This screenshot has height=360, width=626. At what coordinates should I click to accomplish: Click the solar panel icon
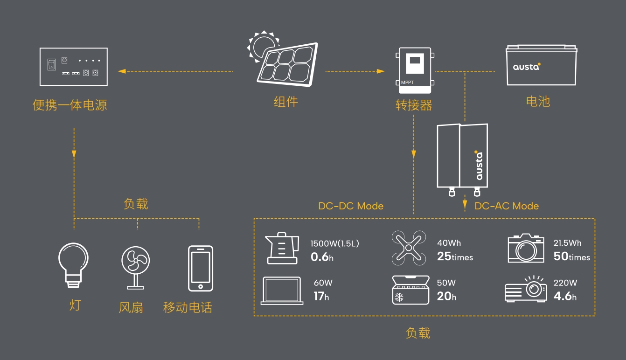[x=287, y=64]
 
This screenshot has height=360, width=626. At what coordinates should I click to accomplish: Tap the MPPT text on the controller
[x=407, y=83]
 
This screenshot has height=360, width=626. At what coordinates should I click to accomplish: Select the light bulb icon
[x=73, y=265]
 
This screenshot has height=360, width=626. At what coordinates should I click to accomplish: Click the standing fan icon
[x=136, y=268]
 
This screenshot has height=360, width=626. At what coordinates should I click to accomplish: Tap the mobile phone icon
[x=201, y=269]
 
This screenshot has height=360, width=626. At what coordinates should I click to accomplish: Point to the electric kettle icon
[x=282, y=248]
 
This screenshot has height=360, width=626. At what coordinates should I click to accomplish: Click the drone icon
[x=409, y=248]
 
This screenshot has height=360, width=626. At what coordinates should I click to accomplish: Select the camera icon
[x=526, y=248]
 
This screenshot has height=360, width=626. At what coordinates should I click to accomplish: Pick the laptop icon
[x=282, y=291]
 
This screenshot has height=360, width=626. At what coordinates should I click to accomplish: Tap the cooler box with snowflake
[x=410, y=290]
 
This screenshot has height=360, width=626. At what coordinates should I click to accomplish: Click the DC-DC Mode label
[x=351, y=206]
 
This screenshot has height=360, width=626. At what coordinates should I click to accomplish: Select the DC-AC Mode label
[x=507, y=206]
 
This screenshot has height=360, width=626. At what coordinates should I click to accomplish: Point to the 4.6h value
[x=565, y=296]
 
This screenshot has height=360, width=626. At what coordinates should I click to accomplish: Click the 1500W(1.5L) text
[x=334, y=243]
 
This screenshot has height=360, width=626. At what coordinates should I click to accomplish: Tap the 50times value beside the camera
[x=572, y=256]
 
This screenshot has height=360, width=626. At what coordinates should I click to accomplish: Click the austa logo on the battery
[x=527, y=67]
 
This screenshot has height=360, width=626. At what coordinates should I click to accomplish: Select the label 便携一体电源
[x=70, y=105]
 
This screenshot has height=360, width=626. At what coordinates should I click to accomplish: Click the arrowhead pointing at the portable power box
[x=122, y=71]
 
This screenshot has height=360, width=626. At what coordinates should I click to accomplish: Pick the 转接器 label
[x=414, y=105]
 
